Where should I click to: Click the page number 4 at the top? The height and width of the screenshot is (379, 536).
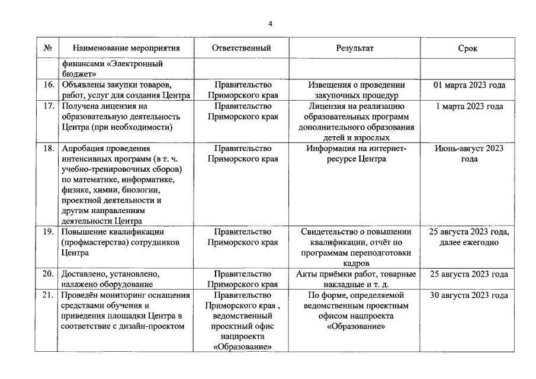(270, 24)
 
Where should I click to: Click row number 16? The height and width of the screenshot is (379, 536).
(49, 85)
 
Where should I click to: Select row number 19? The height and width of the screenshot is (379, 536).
(49, 232)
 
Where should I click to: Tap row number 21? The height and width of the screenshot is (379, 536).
(49, 295)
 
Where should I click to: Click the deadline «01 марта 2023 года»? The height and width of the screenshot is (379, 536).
(468, 85)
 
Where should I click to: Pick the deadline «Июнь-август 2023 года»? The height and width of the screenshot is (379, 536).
(468, 154)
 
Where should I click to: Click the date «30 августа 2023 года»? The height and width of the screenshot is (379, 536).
(468, 295)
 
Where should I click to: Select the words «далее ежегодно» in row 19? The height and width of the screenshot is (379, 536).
(468, 242)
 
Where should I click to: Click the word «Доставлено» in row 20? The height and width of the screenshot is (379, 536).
(85, 274)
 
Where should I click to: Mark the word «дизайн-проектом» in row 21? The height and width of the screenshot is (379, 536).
(156, 326)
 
